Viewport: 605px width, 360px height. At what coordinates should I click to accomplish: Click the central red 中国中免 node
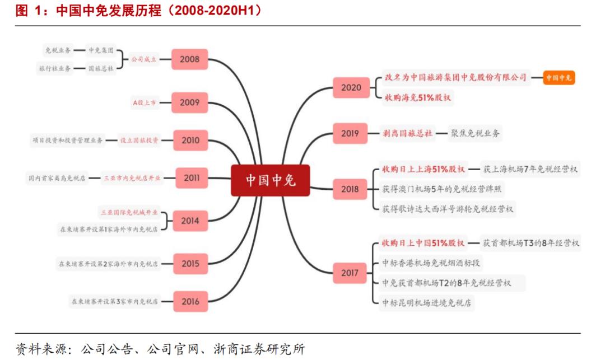(x=270, y=180)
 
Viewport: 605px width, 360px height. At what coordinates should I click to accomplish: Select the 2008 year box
(x=189, y=59)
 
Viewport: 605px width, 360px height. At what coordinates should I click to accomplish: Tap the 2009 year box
(x=189, y=102)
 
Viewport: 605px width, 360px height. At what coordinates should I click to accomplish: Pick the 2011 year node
(x=192, y=178)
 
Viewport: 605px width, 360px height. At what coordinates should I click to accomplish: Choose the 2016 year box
(x=190, y=301)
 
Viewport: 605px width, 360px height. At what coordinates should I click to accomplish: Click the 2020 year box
(x=351, y=87)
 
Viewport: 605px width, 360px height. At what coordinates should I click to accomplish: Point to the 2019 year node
(x=350, y=133)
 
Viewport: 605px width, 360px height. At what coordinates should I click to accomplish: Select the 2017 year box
(x=350, y=273)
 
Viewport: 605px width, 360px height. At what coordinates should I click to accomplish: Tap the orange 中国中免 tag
(x=559, y=78)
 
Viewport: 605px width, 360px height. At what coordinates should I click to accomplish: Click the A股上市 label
(x=145, y=103)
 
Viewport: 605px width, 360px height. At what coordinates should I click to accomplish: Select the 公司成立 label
(x=143, y=59)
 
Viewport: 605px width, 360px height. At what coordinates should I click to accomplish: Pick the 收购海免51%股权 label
(x=417, y=97)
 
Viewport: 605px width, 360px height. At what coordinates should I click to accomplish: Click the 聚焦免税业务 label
(x=475, y=133)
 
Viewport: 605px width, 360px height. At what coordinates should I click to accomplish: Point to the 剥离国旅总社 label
(x=407, y=133)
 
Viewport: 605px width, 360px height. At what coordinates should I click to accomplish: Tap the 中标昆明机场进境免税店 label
(x=426, y=303)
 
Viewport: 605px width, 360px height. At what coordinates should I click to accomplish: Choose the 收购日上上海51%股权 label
(x=424, y=169)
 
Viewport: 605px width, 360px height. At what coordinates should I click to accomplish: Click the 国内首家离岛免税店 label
(x=57, y=178)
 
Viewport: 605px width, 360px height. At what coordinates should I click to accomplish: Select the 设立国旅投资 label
(x=139, y=141)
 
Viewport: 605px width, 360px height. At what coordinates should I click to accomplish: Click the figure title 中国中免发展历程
(x=109, y=11)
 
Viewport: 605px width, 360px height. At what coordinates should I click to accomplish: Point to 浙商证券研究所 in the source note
(x=259, y=349)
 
